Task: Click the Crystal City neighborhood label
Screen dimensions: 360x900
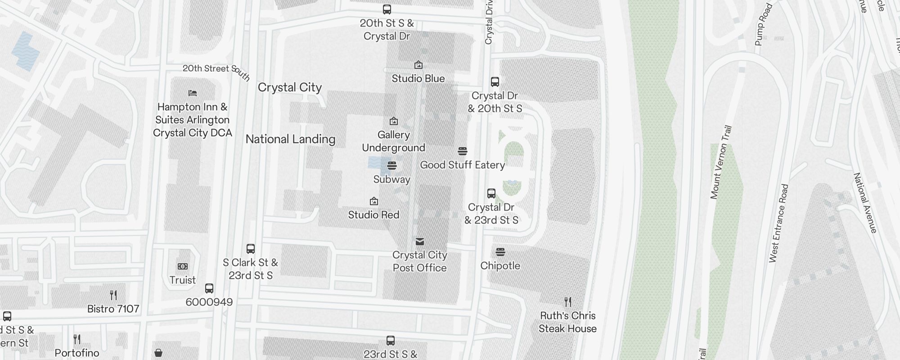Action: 289,87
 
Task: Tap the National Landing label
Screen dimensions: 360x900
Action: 290,139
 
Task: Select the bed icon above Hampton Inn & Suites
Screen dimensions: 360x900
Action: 193,93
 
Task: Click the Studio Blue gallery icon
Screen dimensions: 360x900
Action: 418,65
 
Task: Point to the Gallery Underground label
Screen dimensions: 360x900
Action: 393,141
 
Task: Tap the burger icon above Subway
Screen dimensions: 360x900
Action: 392,166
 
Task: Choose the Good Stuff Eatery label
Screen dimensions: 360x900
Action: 462,165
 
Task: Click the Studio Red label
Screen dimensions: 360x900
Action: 373,215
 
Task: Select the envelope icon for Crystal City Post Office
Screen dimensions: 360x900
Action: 420,242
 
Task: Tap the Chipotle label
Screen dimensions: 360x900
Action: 500,265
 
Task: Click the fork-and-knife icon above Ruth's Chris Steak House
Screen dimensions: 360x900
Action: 568,301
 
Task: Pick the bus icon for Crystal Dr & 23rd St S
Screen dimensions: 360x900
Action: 491,193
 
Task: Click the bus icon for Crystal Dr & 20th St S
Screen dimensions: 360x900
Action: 495,82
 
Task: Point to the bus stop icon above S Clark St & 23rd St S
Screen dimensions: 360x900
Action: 251,249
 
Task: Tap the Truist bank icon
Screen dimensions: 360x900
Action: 183,266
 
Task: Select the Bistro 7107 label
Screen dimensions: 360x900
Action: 113,309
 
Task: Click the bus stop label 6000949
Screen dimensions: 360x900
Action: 209,302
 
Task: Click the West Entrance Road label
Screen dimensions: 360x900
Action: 779,223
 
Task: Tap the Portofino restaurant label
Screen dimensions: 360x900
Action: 77,353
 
